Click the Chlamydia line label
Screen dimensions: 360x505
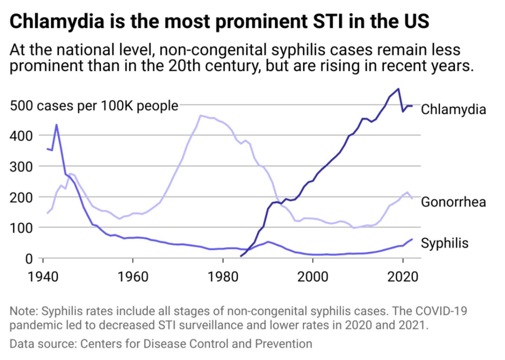pos(453,109)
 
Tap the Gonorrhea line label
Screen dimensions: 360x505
pos(453,202)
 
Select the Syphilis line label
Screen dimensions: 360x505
pos(444,243)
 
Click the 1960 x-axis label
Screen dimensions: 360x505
pos(133,277)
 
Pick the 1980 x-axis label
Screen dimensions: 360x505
pos(223,277)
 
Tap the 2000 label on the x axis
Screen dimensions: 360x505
pos(313,277)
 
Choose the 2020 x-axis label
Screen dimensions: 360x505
pos(403,277)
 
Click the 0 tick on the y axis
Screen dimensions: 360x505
pos(29,259)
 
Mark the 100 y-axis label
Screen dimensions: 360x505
pos(21,228)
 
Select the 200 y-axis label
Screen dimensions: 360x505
pos(21,197)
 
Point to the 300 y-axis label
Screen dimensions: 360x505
pos(21,166)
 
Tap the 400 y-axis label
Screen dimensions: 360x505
pos(21,135)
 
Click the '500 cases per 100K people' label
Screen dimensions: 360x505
pos(94,105)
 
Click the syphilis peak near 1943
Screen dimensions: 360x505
pos(56,125)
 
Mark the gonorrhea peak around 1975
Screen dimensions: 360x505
pos(200,115)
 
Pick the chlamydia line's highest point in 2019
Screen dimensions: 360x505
pos(398,89)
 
